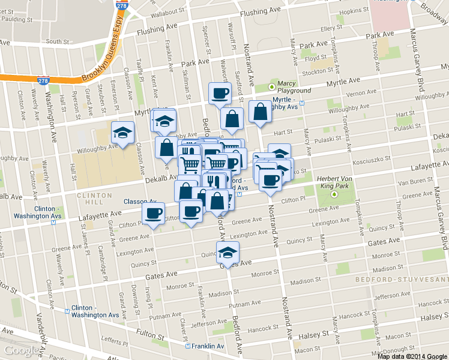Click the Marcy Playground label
[294, 87]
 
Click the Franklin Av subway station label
[208, 346]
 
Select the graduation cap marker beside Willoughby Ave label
[123, 133]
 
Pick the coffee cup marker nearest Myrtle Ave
[219, 93]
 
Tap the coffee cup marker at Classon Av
[153, 213]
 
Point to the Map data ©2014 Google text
[413, 356]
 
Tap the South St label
[58, 42]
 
